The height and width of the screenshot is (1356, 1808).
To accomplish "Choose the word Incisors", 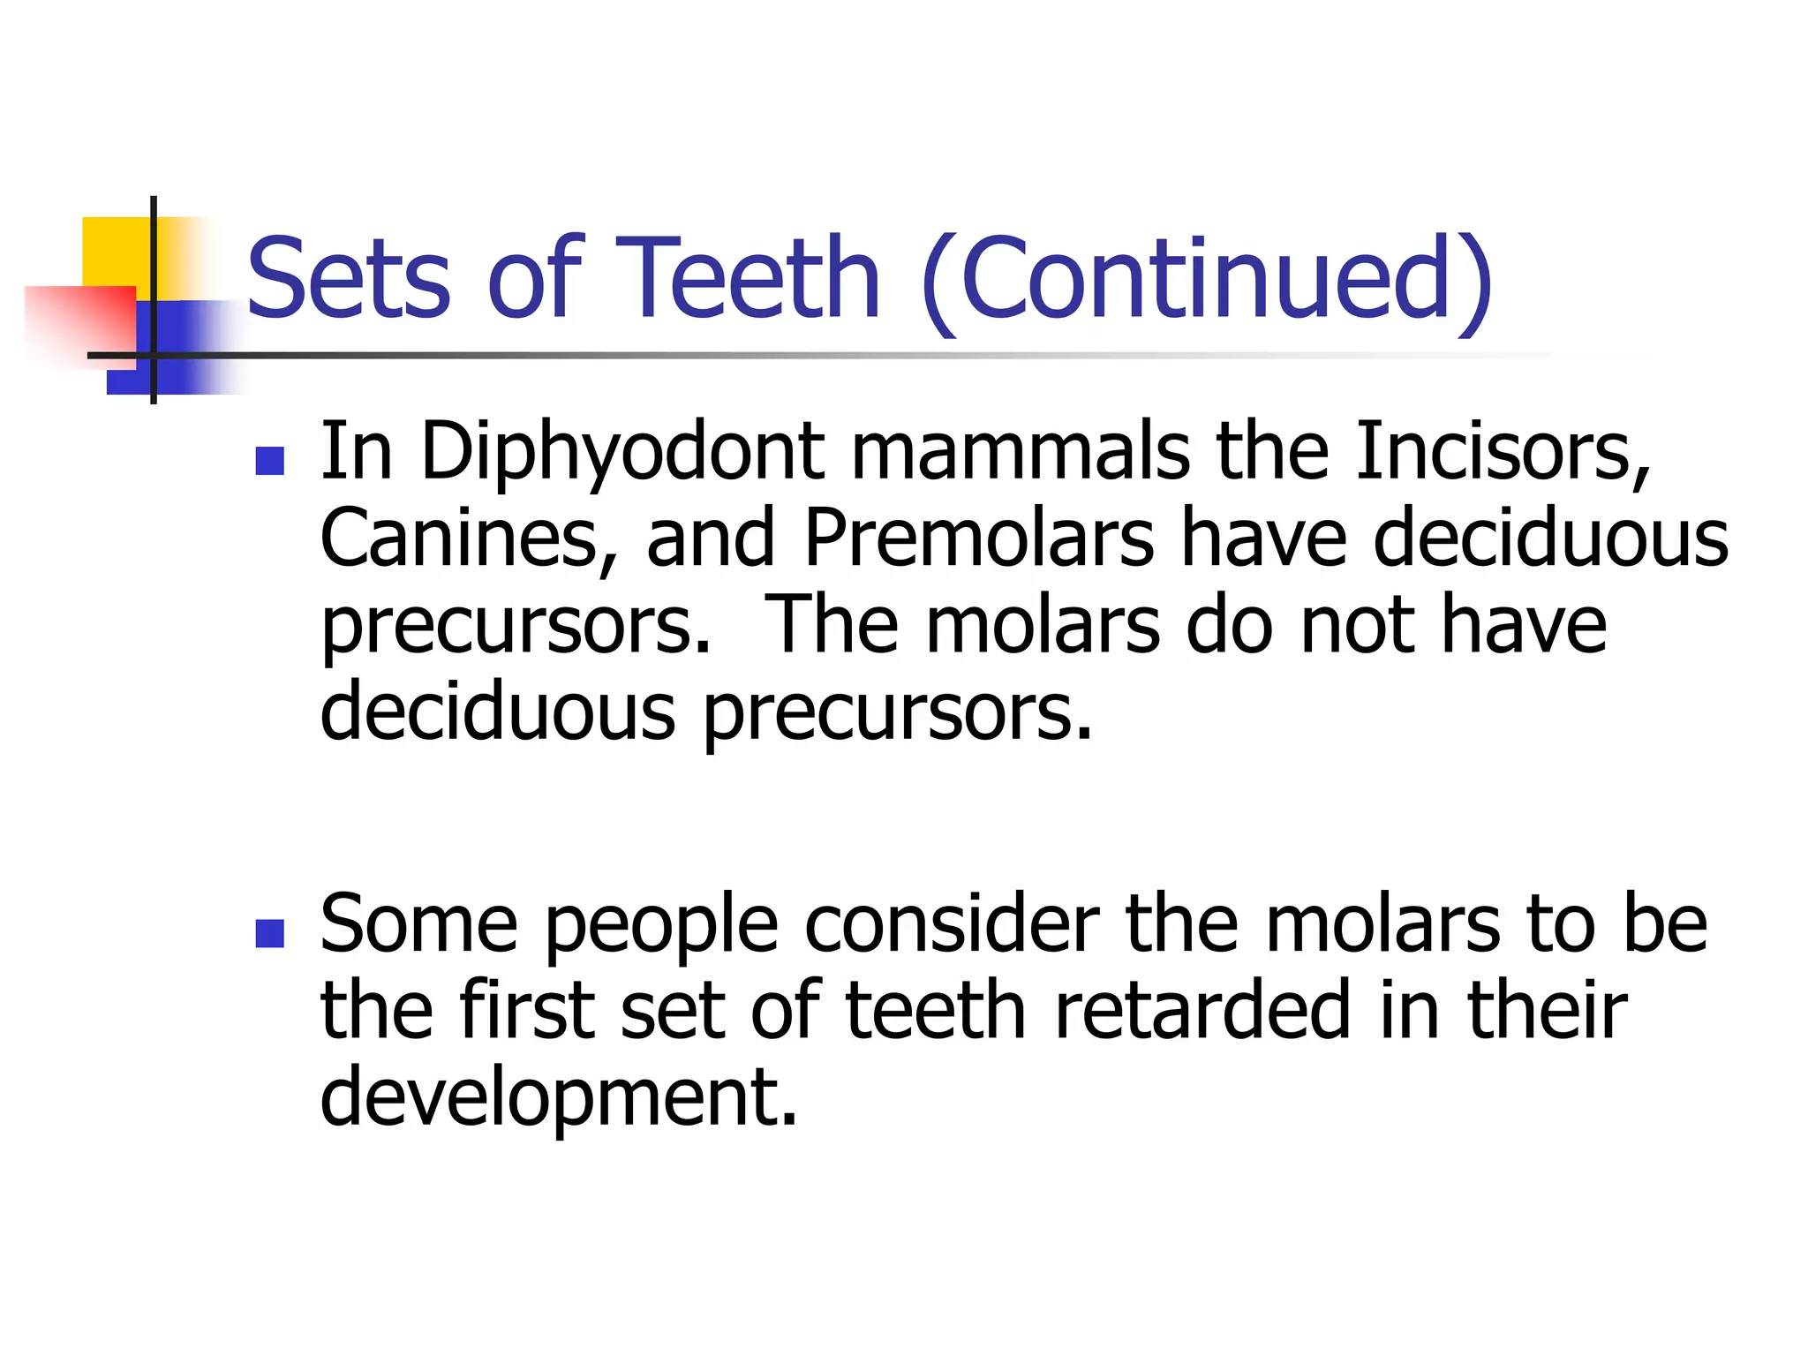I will [1501, 452].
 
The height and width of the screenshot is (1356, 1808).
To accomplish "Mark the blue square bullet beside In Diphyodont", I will [269, 460].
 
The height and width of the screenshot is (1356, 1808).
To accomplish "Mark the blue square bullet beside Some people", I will [269, 933].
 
